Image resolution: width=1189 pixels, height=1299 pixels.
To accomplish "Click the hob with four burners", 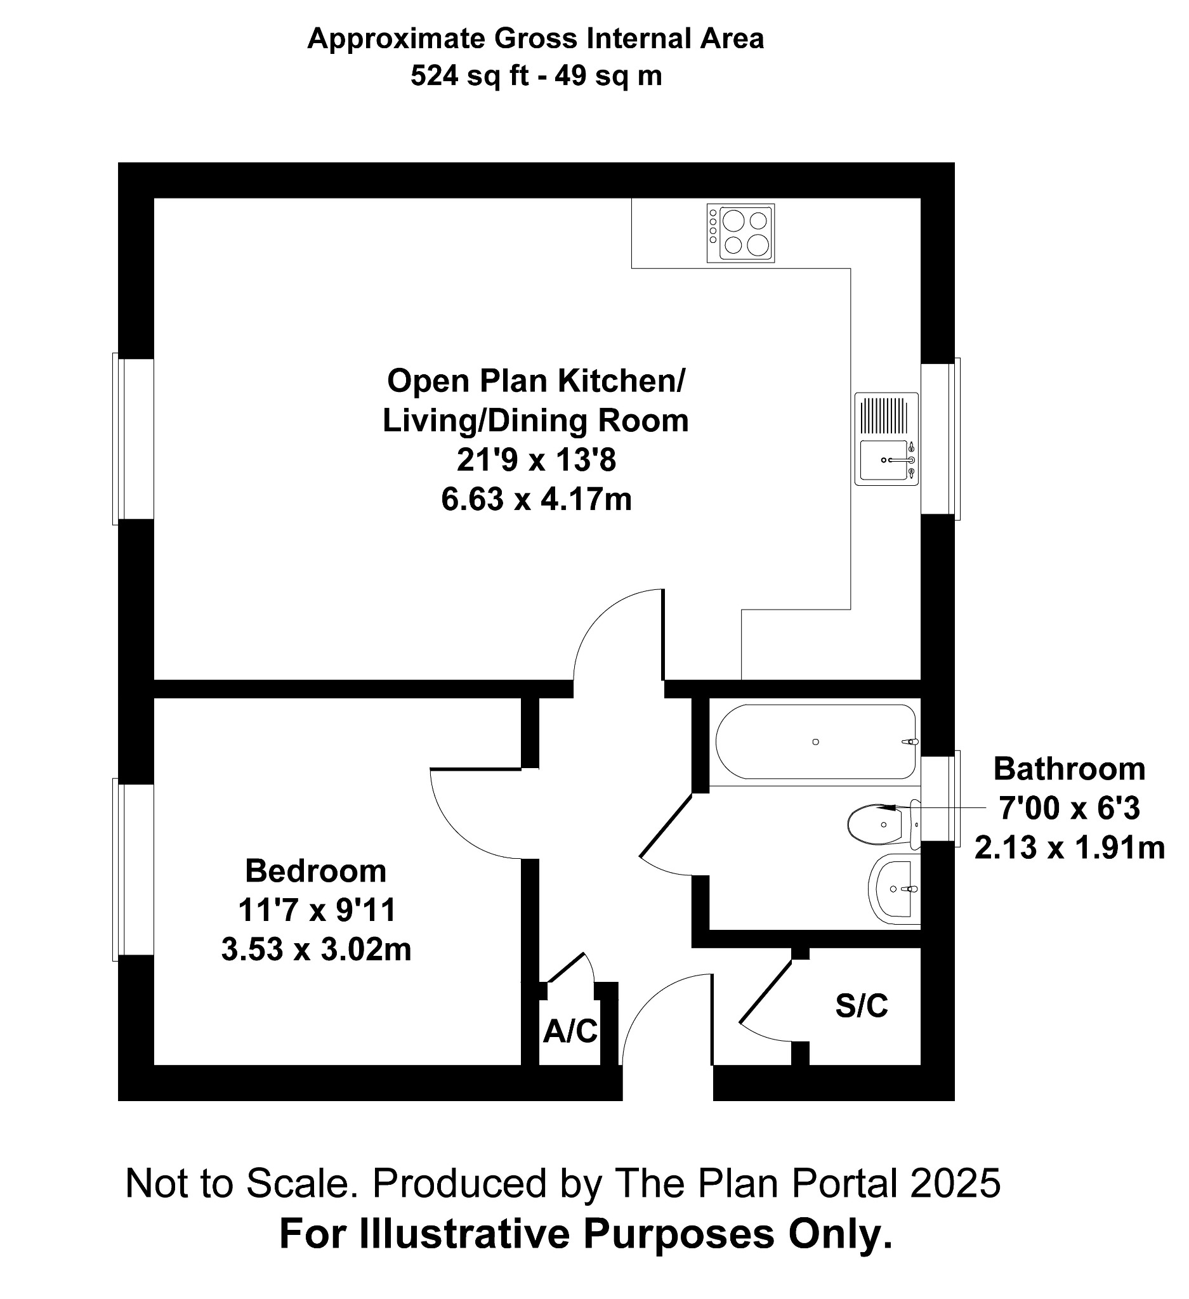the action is (740, 233).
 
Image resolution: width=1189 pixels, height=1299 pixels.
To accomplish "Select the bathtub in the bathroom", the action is (815, 741).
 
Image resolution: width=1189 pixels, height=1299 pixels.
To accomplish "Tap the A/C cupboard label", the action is (570, 1031).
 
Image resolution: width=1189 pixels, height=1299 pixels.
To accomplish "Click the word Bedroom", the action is (316, 871).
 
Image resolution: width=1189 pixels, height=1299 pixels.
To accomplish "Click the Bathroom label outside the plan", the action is (1069, 769).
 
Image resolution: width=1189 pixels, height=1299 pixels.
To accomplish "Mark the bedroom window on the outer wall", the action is (133, 869).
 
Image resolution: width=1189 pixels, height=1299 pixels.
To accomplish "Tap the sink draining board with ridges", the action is (884, 415).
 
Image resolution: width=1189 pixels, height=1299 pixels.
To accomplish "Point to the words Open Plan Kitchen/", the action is (536, 381).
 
